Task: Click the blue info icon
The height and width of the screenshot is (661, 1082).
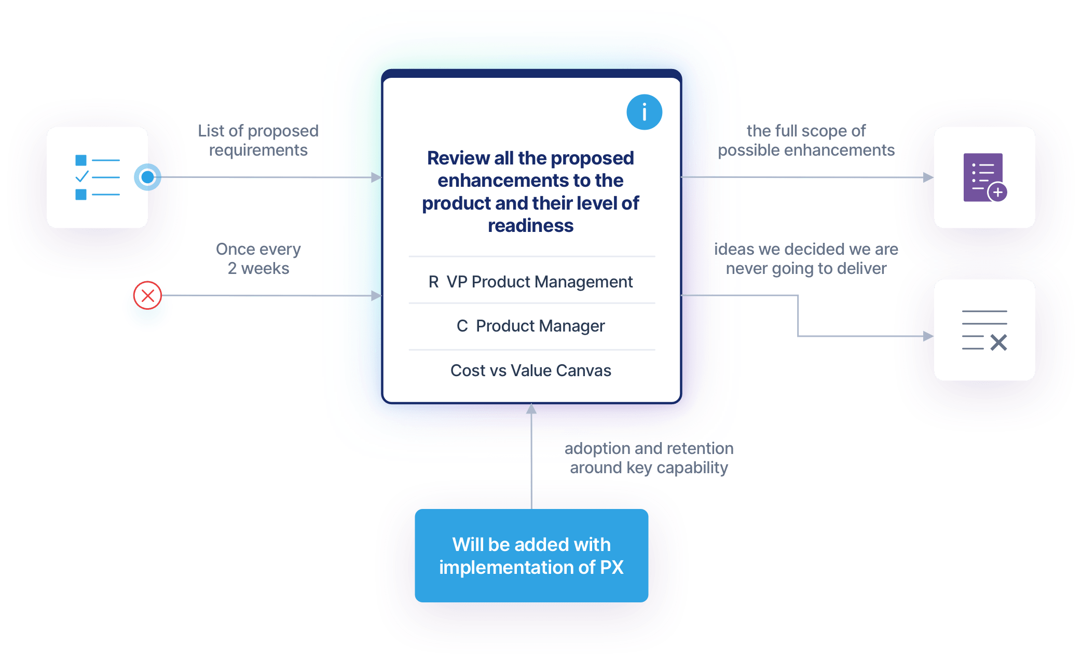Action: pyautogui.click(x=644, y=112)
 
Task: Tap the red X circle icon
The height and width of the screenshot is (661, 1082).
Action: pyautogui.click(x=148, y=296)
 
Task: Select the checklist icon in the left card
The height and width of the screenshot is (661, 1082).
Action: pyautogui.click(x=98, y=177)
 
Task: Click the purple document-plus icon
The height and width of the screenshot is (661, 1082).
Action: pyautogui.click(x=984, y=177)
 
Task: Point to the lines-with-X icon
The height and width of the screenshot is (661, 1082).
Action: pyautogui.click(x=984, y=330)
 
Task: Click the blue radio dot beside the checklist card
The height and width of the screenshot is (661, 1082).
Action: pyautogui.click(x=148, y=177)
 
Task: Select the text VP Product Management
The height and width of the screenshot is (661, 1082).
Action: pyautogui.click(x=539, y=282)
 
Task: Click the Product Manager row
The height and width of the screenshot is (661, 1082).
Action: pyautogui.click(x=531, y=326)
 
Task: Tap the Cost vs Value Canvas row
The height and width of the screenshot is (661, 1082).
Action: pyautogui.click(x=531, y=370)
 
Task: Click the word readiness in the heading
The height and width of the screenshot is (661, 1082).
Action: pyautogui.click(x=530, y=226)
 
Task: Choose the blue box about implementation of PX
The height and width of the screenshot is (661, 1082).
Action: pyautogui.click(x=531, y=556)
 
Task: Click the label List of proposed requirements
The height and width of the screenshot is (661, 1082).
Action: pyautogui.click(x=258, y=140)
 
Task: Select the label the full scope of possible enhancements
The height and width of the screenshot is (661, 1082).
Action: pyautogui.click(x=806, y=140)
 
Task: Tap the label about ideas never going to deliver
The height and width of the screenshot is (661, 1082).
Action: pyautogui.click(x=806, y=258)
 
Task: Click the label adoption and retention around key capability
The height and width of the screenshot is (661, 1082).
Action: pyautogui.click(x=649, y=458)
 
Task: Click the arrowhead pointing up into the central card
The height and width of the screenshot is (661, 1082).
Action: pyautogui.click(x=531, y=409)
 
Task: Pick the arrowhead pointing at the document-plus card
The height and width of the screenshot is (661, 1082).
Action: pyautogui.click(x=928, y=178)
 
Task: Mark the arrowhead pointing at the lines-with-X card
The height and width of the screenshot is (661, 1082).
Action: pyautogui.click(x=928, y=337)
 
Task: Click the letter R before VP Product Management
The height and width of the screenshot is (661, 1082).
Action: pyautogui.click(x=433, y=282)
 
